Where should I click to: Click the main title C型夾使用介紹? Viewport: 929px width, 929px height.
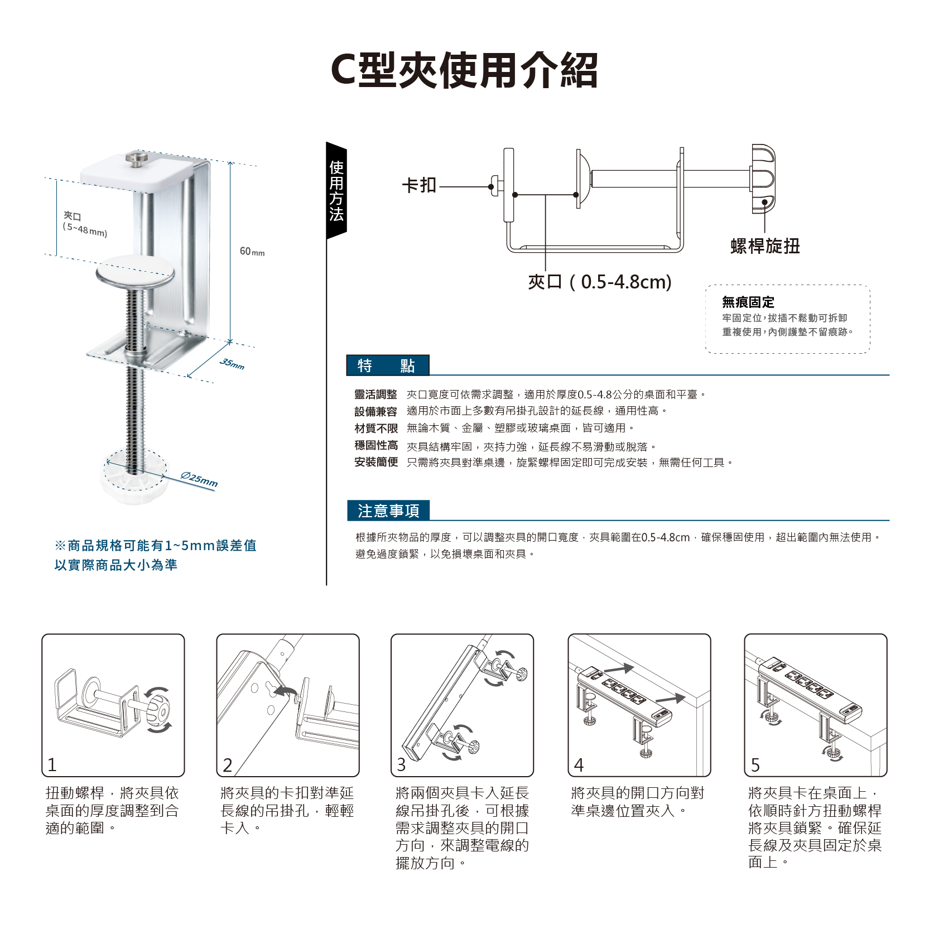pos(464,70)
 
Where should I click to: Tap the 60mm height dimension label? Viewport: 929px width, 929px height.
pos(252,252)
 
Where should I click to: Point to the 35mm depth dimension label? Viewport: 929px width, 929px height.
pos(232,363)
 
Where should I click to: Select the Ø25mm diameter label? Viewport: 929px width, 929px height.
pos(199,479)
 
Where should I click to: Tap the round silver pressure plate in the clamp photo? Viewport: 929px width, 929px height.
pos(135,272)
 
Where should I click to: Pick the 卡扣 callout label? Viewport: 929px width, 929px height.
pos(419,185)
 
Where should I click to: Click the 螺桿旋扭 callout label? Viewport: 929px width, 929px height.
pos(765,246)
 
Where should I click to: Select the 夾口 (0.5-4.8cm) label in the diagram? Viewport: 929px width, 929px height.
pos(600,282)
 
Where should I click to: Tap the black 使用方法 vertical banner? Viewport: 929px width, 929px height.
pos(336,190)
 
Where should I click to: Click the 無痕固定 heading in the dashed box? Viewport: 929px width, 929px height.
pos(748,302)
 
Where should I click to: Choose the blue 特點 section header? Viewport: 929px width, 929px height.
pos(387,365)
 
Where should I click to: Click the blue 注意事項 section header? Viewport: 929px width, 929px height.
pos(388,511)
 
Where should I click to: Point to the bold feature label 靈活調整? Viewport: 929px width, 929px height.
pos(376,394)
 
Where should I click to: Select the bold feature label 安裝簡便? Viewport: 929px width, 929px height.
pos(376,462)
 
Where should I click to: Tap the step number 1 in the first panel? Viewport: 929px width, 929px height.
pos(52,764)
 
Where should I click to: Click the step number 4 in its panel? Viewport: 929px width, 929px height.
pos(579,764)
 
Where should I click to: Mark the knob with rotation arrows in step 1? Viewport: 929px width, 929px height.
pos(157,710)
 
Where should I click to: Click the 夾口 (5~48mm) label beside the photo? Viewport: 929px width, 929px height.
pos(84,223)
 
